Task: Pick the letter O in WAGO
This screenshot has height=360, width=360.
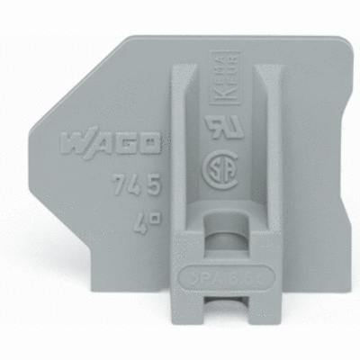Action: click(151, 142)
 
